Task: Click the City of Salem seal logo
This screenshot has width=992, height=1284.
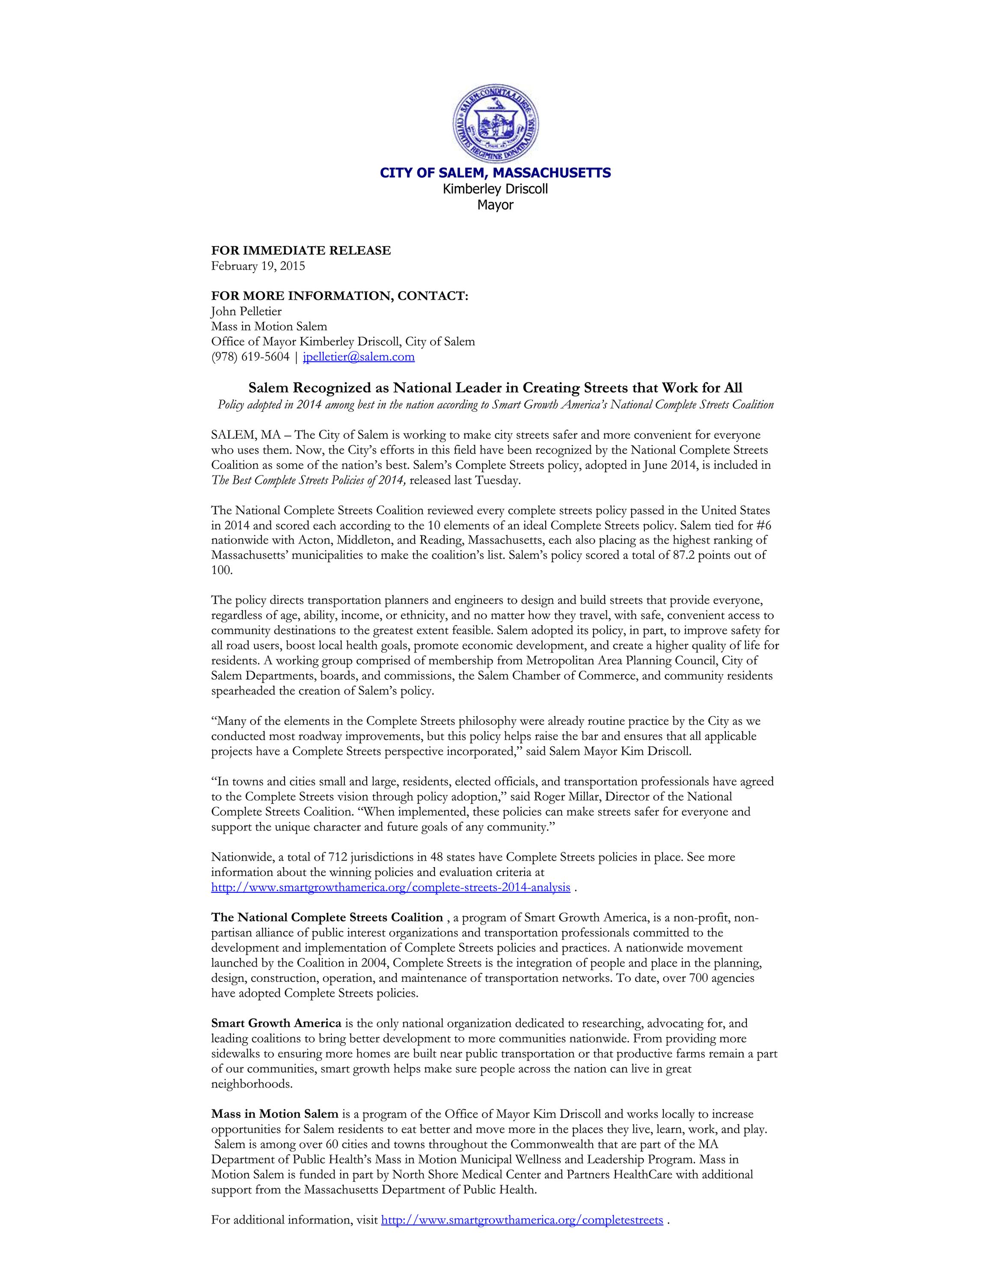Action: (x=496, y=123)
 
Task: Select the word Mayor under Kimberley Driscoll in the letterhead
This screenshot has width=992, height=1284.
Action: (x=496, y=205)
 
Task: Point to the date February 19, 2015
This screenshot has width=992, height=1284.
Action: (x=258, y=266)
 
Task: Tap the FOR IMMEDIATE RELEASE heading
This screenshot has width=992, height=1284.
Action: (x=301, y=250)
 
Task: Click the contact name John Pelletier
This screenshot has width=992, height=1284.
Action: (x=246, y=311)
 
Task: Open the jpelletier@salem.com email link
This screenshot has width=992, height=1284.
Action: (x=359, y=357)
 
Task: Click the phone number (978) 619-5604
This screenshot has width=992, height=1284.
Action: (x=250, y=357)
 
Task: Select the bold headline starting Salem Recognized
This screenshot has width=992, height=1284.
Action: (x=496, y=388)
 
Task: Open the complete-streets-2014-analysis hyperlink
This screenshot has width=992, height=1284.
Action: (x=390, y=887)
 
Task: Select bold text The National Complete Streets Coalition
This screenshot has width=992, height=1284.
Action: (x=327, y=918)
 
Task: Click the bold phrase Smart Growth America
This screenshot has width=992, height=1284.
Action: (x=276, y=1023)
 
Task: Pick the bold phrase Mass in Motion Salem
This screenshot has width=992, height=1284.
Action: (x=274, y=1114)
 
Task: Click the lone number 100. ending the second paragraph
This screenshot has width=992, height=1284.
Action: (x=222, y=570)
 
